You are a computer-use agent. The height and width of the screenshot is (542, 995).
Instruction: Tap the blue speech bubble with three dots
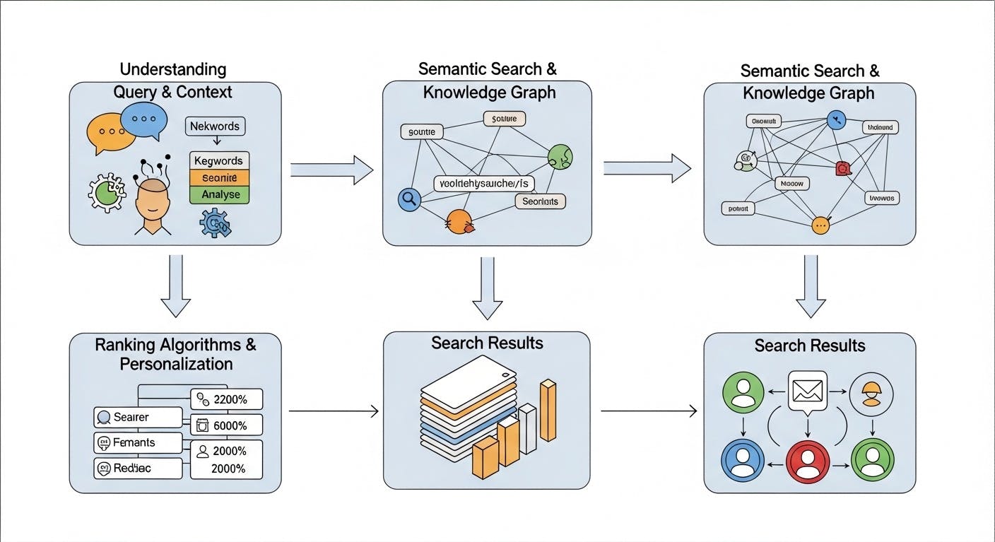click(x=144, y=121)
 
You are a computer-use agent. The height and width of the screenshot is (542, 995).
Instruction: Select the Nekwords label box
click(x=215, y=126)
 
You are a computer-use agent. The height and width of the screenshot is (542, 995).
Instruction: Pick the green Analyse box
click(x=220, y=194)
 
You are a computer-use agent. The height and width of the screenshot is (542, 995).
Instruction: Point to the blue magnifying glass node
click(x=409, y=199)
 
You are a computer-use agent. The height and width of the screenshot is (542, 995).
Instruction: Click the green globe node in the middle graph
click(x=560, y=157)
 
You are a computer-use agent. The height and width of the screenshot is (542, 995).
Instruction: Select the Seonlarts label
click(x=541, y=201)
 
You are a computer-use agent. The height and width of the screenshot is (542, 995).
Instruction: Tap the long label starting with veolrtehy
click(x=484, y=184)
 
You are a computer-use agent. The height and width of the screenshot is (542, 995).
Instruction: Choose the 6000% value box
click(x=227, y=425)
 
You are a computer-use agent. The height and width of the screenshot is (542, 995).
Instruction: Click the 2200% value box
click(x=227, y=399)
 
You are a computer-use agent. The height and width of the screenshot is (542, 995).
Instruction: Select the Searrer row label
click(x=138, y=417)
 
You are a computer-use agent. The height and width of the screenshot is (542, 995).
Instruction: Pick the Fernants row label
click(x=138, y=442)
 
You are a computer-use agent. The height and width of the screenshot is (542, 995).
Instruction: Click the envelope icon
click(x=807, y=390)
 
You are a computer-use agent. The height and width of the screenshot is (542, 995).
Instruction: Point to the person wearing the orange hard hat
click(x=871, y=394)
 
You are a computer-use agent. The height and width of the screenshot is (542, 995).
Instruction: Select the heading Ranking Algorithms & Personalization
click(x=175, y=354)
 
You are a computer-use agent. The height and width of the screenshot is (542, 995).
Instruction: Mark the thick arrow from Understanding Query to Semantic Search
click(x=331, y=170)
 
